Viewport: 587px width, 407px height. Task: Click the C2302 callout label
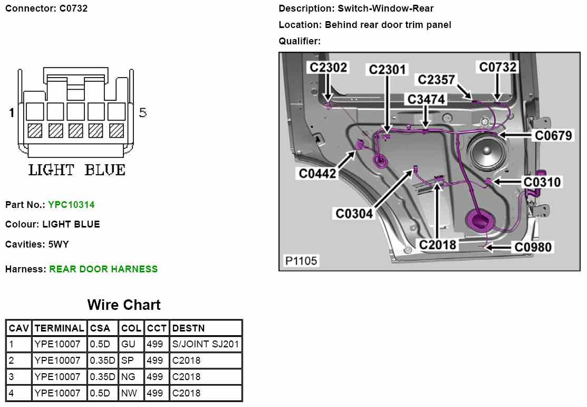(328, 68)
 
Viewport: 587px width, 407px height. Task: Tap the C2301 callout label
(388, 70)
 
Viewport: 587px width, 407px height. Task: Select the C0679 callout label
(553, 136)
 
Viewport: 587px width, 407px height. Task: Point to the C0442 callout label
(317, 173)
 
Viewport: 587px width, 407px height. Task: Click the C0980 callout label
(533, 247)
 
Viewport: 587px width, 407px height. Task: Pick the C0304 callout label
(354, 214)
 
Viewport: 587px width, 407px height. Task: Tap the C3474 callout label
(426, 99)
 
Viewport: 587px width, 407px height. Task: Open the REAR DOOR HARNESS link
(103, 269)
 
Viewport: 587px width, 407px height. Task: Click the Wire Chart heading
(124, 305)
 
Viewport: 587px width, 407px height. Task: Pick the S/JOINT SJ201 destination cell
(206, 345)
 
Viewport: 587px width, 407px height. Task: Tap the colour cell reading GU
(129, 345)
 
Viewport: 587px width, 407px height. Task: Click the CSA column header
(100, 328)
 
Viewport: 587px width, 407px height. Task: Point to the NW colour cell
(129, 393)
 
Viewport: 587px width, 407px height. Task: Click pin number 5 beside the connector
(143, 112)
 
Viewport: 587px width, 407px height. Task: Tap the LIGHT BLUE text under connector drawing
(77, 171)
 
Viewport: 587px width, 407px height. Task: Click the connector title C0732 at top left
(46, 8)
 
